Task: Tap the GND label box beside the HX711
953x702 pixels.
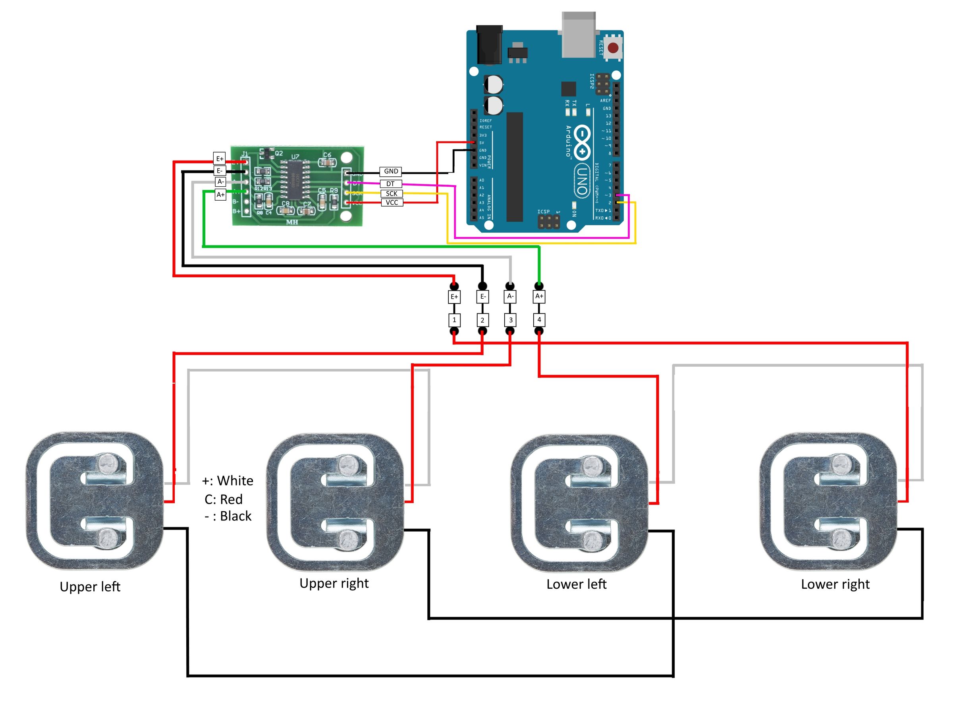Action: (390, 171)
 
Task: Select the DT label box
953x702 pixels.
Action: (390, 184)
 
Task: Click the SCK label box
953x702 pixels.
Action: (391, 193)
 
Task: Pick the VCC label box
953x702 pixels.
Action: (392, 202)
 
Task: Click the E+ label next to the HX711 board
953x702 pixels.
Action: (219, 159)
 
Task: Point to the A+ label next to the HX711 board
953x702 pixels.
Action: (220, 195)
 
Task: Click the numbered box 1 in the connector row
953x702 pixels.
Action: (454, 320)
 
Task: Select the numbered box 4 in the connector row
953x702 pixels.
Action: (538, 319)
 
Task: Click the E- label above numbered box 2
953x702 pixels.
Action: (482, 297)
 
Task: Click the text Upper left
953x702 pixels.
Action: (90, 587)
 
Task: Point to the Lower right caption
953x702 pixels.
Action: (835, 584)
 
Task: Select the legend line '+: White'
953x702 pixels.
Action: (227, 481)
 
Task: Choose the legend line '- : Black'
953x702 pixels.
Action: (228, 516)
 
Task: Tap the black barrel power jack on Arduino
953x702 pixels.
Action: (489, 44)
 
